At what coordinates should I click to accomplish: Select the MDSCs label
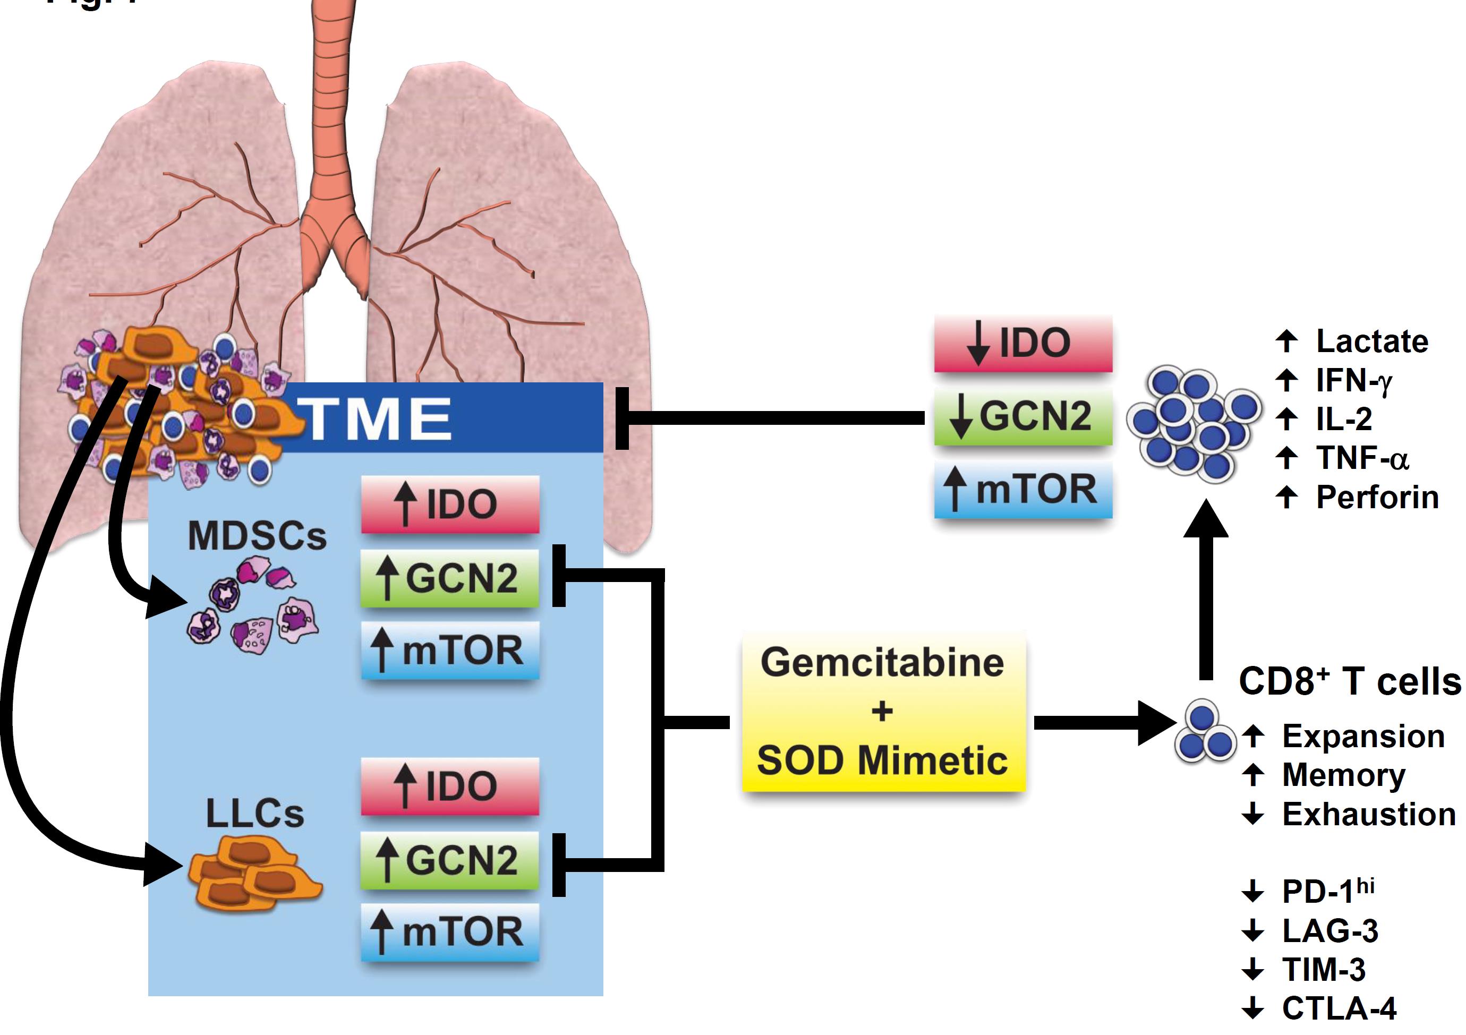[x=257, y=536]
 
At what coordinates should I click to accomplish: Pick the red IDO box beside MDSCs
[x=450, y=504]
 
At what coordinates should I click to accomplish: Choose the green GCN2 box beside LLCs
[x=450, y=860]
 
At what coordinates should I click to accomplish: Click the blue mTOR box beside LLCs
[x=450, y=932]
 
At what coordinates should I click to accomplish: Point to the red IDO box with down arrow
[x=1023, y=343]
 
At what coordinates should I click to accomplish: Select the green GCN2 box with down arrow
[x=1023, y=416]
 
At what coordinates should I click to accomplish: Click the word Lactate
[x=1371, y=341]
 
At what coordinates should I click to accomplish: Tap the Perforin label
[x=1377, y=498]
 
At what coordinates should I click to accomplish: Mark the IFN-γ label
[x=1353, y=381]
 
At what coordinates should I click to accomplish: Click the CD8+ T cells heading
[x=1349, y=681]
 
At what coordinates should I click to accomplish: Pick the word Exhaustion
[x=1369, y=814]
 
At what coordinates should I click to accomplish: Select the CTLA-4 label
[x=1339, y=1009]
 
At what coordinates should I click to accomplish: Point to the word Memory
[x=1343, y=775]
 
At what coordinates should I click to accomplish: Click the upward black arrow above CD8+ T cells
[x=1206, y=587]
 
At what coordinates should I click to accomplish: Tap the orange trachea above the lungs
[x=332, y=96]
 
